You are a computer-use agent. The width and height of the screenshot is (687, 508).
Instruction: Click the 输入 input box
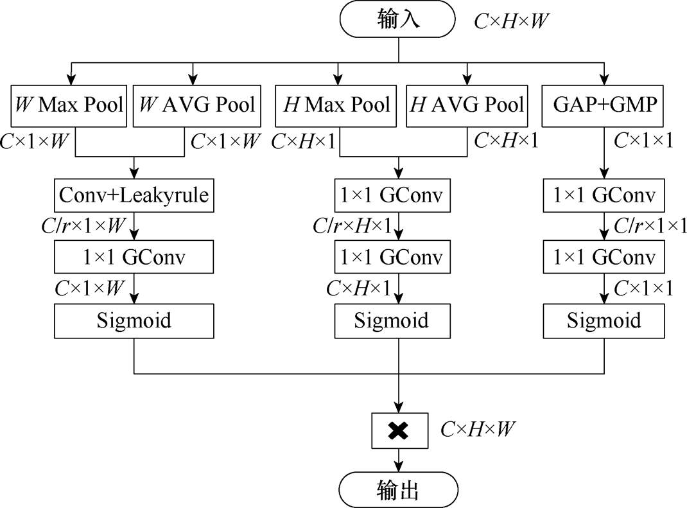[399, 20]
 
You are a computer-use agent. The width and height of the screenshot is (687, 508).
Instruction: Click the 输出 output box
[399, 491]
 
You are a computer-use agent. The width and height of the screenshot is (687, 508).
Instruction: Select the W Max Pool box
[70, 104]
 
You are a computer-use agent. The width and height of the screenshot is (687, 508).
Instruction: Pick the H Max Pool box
[337, 104]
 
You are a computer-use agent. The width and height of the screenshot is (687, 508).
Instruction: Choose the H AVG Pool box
[467, 104]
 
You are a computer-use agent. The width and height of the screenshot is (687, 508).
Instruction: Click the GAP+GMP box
[604, 104]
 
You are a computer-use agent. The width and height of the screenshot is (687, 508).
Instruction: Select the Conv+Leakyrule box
[134, 196]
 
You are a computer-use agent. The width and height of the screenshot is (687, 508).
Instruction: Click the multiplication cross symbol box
[399, 431]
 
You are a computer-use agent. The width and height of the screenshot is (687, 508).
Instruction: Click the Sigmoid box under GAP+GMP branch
[604, 320]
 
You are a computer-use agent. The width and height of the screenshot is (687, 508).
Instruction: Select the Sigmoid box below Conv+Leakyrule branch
[134, 320]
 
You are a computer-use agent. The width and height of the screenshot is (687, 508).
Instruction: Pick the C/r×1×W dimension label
[82, 225]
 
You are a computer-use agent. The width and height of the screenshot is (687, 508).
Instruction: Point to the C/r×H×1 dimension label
[352, 225]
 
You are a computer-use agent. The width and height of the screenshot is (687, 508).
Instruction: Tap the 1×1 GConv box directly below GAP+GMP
[604, 196]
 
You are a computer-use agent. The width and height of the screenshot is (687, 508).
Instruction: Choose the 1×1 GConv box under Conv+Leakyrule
[134, 258]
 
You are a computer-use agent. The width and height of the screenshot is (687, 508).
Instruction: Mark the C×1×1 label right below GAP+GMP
[643, 141]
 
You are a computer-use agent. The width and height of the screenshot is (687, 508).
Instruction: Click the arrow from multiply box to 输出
[399, 460]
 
